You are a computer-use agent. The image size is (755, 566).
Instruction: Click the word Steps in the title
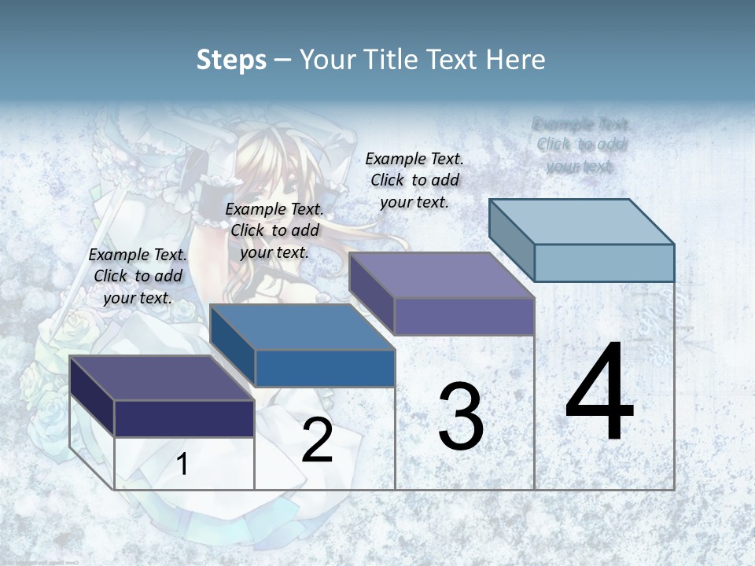(x=230, y=60)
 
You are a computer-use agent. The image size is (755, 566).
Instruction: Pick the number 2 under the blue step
(x=317, y=441)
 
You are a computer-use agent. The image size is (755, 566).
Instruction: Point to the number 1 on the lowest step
(x=182, y=465)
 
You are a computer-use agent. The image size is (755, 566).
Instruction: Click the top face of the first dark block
(x=161, y=378)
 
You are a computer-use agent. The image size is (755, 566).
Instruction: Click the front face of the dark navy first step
(x=184, y=418)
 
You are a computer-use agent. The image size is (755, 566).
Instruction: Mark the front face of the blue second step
(x=325, y=368)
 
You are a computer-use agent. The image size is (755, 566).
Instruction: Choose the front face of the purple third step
(x=464, y=317)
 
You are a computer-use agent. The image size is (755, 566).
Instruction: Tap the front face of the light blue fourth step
(x=604, y=263)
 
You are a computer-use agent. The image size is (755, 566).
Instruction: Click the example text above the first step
(x=138, y=276)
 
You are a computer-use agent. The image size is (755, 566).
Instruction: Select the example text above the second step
(x=274, y=230)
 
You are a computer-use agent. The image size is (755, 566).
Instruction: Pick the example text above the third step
(x=414, y=180)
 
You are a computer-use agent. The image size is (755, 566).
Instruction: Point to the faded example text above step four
(x=581, y=145)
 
